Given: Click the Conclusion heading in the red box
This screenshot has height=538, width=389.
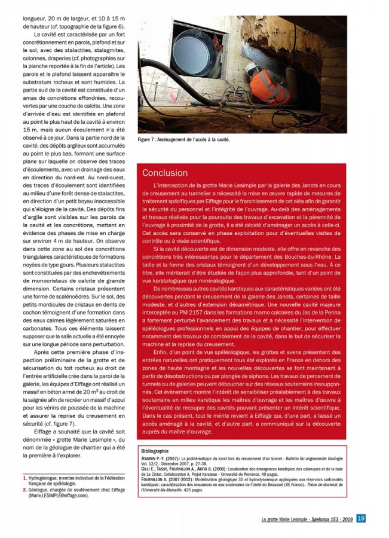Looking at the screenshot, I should click(x=165, y=173).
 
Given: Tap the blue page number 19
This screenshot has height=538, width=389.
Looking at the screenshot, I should click(x=361, y=518).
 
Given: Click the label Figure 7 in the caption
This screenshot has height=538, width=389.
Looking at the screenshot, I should click(x=149, y=139).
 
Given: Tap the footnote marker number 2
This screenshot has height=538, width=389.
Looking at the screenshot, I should click(x=24, y=490).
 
